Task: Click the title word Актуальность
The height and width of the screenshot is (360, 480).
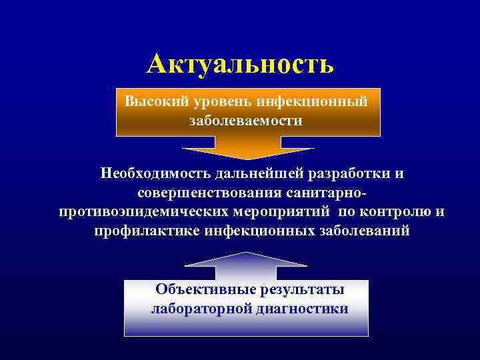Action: (x=240, y=64)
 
